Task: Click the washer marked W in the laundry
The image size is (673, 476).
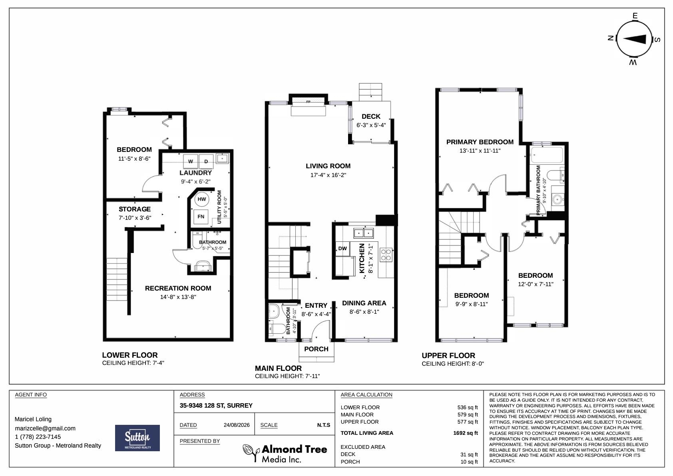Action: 191,162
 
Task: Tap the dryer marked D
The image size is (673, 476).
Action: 206,162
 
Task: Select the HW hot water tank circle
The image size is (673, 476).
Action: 201,199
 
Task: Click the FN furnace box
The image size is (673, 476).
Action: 201,216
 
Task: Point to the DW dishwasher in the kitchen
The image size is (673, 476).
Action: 342,249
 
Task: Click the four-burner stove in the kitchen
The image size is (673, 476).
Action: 386,255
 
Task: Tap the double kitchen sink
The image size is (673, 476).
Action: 364,233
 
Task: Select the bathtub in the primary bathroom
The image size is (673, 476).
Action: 547,155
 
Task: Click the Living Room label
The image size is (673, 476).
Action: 328,166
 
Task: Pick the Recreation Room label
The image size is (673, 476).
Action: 178,288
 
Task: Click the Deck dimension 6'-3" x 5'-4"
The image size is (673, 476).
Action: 371,125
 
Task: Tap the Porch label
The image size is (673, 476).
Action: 317,349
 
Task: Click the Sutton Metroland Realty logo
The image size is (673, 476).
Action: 137,438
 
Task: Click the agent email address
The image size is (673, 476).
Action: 45,428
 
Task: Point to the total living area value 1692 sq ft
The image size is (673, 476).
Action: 466,433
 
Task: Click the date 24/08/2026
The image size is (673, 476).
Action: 237,425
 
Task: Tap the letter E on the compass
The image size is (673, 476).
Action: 635,16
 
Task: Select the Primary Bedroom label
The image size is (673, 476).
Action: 480,142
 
